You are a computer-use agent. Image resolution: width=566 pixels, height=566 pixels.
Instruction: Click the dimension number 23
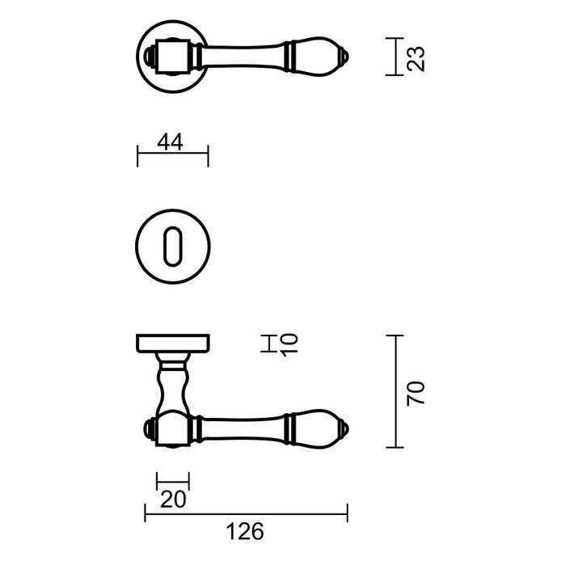pyautogui.click(x=416, y=57)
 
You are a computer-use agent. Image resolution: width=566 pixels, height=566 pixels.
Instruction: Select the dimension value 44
pyautogui.click(x=171, y=142)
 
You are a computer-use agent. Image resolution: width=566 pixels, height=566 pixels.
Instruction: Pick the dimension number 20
pyautogui.click(x=172, y=499)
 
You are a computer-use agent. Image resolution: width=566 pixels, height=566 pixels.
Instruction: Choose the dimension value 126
pyautogui.click(x=247, y=531)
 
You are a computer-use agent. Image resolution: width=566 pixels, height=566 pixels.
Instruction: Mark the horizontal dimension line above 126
pyautogui.click(x=246, y=513)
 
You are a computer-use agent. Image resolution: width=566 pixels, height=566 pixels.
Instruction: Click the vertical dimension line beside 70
pyautogui.click(x=395, y=392)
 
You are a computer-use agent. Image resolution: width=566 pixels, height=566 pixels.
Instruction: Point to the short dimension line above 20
pyautogui.click(x=172, y=481)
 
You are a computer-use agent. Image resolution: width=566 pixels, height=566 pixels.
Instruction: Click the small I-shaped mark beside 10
pyautogui.click(x=268, y=344)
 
